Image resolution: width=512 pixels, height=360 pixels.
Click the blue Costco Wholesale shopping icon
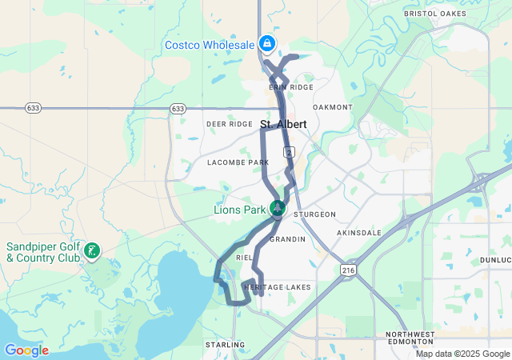pos(266,44)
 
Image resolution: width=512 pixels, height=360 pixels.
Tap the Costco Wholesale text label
pos(210,45)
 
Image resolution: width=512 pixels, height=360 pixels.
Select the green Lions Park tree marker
pos(277,209)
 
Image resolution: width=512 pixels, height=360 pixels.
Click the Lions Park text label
pos(239,210)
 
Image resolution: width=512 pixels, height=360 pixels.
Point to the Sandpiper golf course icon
pos(93,251)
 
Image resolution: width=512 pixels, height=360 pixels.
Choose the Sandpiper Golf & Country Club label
pos(43,252)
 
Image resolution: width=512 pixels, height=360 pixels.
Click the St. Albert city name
pos(284,124)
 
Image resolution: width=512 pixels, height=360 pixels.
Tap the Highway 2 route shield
pos(288,151)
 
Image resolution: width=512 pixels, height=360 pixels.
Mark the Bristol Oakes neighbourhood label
pos(435,14)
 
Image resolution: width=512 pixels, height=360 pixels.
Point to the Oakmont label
pos(333,106)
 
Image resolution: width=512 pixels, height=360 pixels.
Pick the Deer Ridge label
pos(229,124)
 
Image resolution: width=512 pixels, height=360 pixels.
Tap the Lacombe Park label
pos(238,162)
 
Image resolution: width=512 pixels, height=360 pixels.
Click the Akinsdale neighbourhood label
pos(358,232)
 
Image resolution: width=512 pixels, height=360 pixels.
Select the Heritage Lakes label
pos(277,286)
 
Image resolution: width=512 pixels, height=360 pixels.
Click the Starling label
pos(225,345)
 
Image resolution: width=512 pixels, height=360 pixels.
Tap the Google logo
pos(26,350)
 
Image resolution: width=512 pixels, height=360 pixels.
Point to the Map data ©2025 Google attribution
pos(462,354)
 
